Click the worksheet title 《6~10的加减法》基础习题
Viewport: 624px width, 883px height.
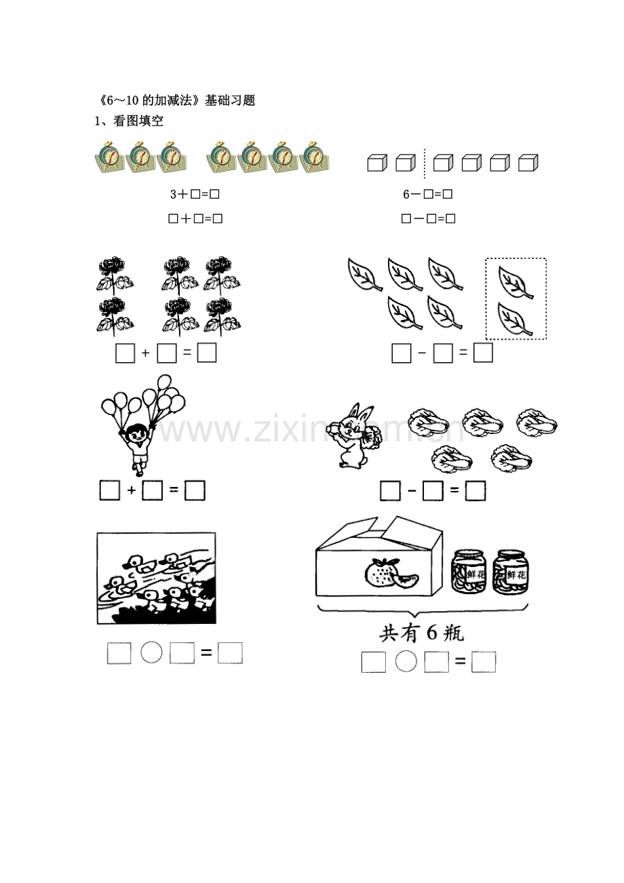[174, 100]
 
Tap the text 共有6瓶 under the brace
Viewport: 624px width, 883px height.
[421, 634]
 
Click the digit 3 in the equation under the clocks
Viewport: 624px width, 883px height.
[174, 195]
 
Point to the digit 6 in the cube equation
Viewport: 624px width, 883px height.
[406, 195]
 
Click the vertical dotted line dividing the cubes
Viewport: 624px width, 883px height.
[425, 163]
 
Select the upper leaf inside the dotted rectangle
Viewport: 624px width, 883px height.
[515, 281]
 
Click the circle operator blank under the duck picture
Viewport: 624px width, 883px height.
[151, 653]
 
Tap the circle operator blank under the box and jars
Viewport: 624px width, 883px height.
[406, 661]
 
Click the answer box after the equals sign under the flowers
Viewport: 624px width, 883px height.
[207, 353]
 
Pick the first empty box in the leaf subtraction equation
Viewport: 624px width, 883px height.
[402, 353]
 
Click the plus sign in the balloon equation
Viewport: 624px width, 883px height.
[132, 490]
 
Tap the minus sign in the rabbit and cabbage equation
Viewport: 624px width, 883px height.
[412, 490]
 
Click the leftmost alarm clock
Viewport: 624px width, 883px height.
[109, 159]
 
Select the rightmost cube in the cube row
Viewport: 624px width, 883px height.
[528, 163]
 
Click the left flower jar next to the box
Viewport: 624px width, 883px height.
[469, 572]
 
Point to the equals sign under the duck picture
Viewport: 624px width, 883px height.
[206, 653]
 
